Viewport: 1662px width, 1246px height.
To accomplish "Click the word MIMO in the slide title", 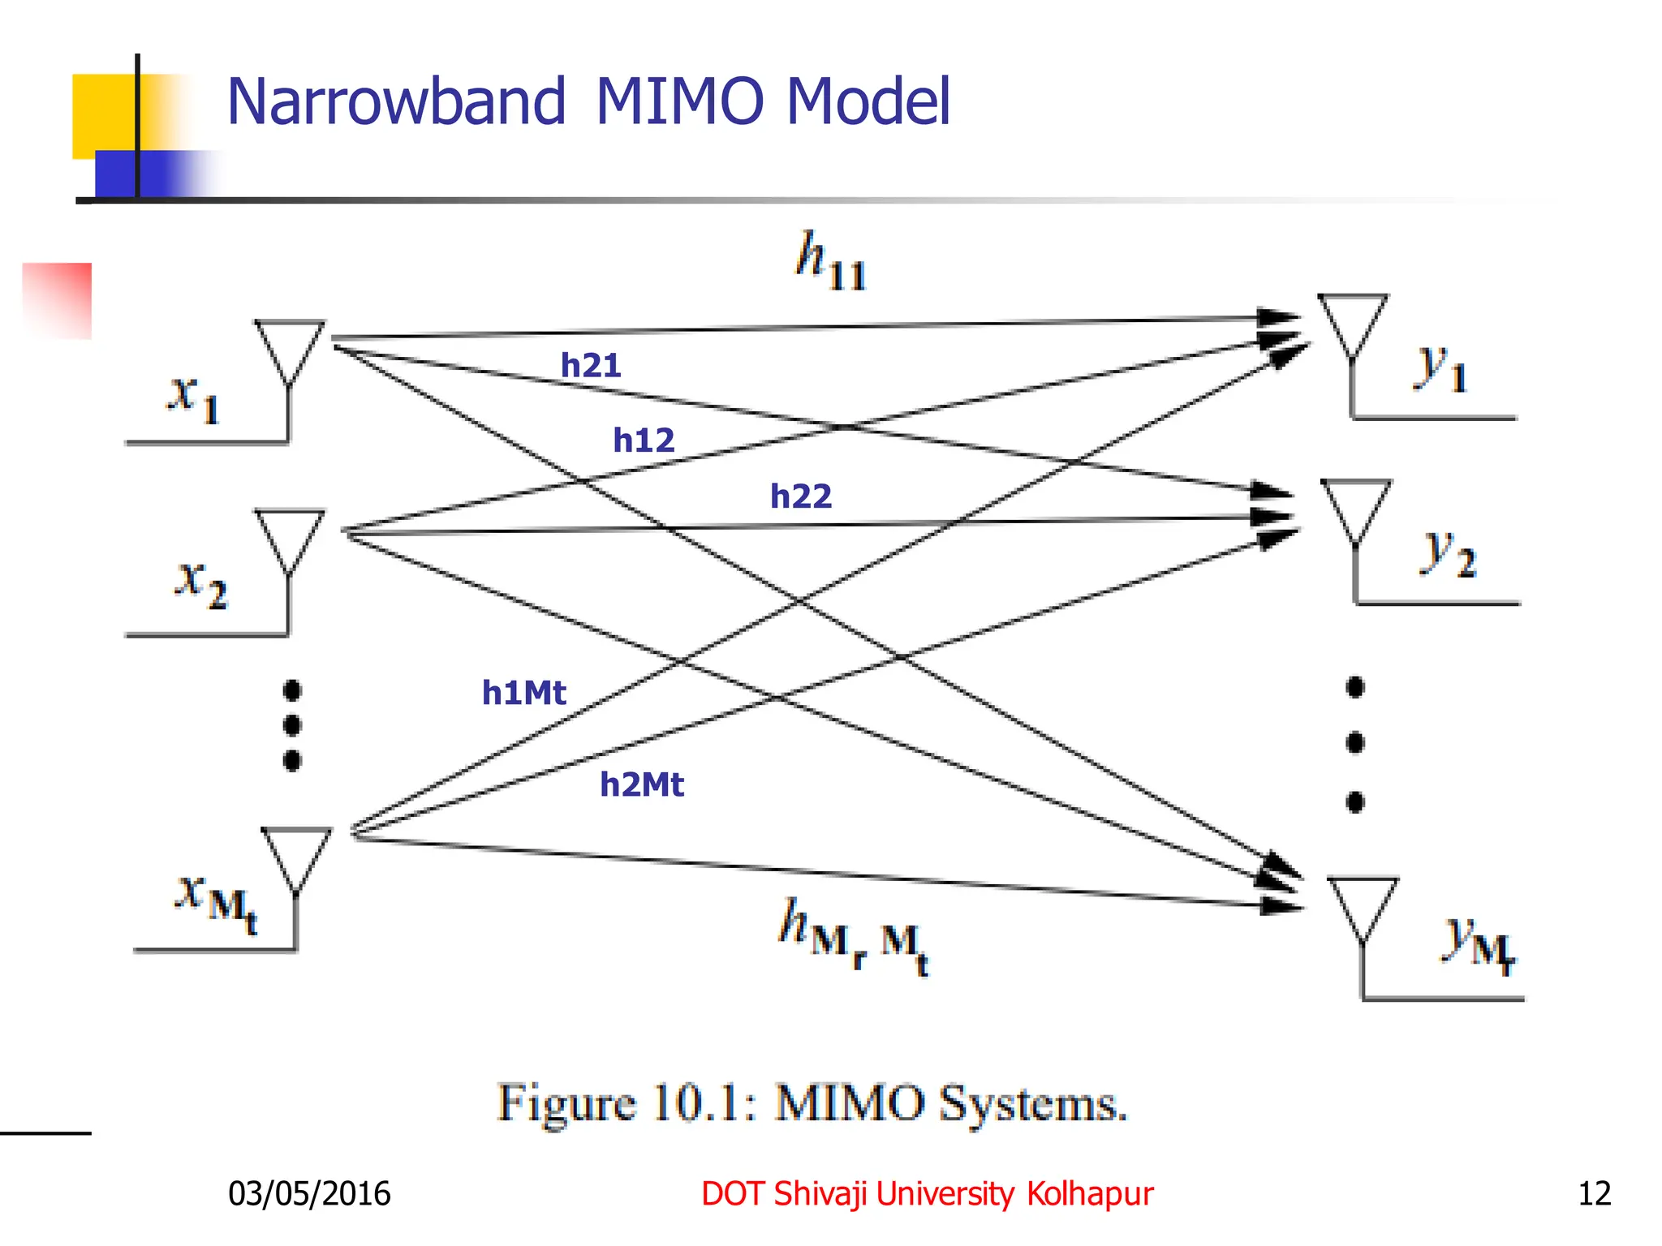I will [x=679, y=101].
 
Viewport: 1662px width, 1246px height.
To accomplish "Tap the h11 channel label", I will [x=829, y=261].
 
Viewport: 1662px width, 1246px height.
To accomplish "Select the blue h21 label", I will [x=591, y=366].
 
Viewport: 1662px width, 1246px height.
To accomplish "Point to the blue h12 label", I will [x=644, y=440].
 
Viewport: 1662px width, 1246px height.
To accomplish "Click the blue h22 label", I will [x=801, y=496].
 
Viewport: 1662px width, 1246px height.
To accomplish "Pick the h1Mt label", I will [x=523, y=693].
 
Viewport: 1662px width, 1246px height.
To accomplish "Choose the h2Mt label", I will [x=642, y=784].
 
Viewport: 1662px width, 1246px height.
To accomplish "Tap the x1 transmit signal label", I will [x=193, y=397].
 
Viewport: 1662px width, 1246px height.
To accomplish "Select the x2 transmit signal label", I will [x=200, y=582].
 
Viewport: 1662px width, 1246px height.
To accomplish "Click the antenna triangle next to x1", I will [x=290, y=347].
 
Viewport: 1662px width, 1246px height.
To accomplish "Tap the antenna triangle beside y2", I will [x=1355, y=507].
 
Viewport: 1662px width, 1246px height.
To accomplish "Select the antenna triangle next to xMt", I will [x=296, y=856].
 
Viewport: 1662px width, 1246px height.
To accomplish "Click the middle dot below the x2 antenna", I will [x=292, y=725].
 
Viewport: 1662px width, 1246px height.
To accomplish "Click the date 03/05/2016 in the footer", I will [x=309, y=1193].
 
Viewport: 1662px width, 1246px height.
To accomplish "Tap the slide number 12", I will [x=1594, y=1193].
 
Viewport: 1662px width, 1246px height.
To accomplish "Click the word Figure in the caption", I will [x=566, y=1104].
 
